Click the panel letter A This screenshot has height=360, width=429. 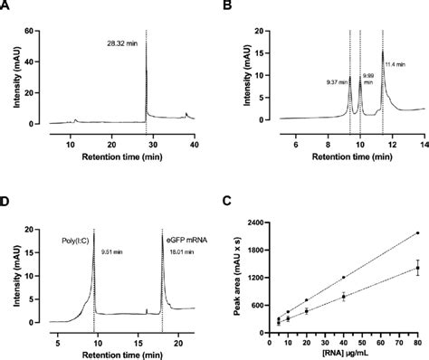pyautogui.click(x=7, y=8)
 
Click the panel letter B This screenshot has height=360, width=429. pyautogui.click(x=226, y=8)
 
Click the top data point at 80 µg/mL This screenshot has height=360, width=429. pyautogui.click(x=417, y=232)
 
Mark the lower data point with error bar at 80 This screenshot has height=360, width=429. pyautogui.click(x=417, y=268)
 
